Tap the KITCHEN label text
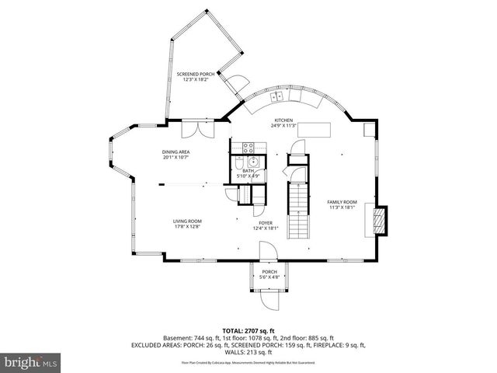282,120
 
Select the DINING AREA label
176,152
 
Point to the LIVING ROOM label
187,221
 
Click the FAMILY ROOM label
342,201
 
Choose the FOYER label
265,222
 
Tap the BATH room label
248,170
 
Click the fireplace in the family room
378,221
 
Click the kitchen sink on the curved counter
277,97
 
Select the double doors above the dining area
192,128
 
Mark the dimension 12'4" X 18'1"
265,228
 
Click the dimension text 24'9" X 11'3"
282,125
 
